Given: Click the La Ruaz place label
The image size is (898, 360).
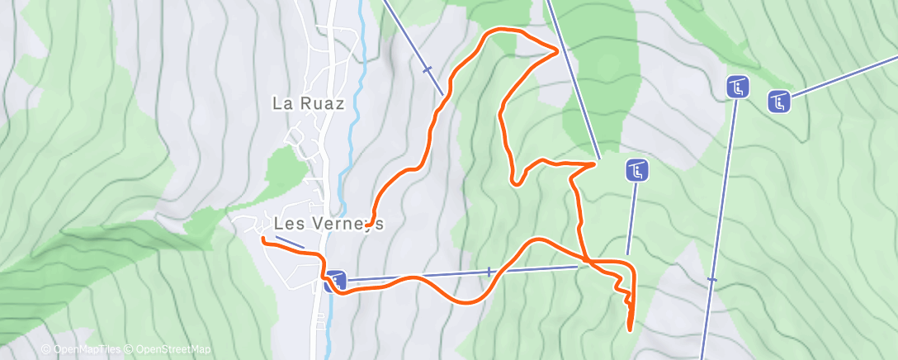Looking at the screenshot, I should [309, 103].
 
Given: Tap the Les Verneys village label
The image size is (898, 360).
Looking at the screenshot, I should [328, 224].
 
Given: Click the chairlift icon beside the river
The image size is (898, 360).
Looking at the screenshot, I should [334, 282].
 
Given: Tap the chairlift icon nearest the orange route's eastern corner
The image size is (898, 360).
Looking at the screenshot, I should [636, 171].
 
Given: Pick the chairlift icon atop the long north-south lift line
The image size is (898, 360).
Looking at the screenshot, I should [738, 86].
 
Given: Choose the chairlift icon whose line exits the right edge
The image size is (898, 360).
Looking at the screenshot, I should [779, 102].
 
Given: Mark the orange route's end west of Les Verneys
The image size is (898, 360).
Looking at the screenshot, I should [262, 239].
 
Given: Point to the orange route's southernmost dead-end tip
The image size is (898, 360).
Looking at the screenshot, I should [631, 329].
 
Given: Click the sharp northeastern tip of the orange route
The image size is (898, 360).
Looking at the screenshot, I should [559, 50].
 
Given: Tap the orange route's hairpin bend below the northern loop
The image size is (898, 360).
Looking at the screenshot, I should [515, 180].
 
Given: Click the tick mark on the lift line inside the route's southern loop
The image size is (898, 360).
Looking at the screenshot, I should [489, 272].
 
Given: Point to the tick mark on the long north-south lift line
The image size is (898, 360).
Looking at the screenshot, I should [711, 281].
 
